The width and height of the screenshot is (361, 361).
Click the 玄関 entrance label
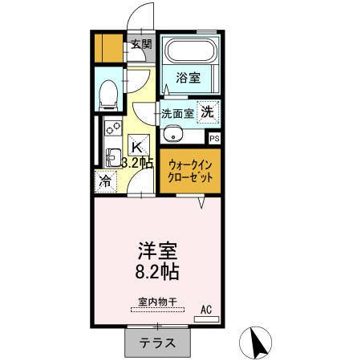click(142, 44)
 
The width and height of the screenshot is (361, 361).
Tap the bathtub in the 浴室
click(190, 51)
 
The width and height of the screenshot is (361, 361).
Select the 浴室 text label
click(189, 78)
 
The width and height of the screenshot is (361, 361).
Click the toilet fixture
click(108, 95)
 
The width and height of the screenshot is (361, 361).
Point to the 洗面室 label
click(177, 114)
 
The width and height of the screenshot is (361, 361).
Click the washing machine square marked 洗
click(208, 112)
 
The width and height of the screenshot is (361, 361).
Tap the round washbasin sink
click(173, 134)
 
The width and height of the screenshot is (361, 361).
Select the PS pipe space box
click(214, 139)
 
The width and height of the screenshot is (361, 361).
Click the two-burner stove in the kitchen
click(113, 128)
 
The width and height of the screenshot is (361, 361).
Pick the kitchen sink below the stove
click(113, 158)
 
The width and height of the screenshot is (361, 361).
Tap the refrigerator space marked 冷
click(106, 181)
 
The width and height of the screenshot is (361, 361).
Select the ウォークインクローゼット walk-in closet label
click(190, 172)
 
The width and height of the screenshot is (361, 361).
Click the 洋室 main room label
click(157, 251)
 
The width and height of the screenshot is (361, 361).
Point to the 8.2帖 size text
click(157, 272)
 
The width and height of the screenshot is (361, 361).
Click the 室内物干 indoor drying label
click(157, 302)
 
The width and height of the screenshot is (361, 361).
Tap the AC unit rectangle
click(206, 319)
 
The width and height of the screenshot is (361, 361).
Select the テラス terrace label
click(157, 343)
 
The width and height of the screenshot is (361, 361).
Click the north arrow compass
click(255, 343)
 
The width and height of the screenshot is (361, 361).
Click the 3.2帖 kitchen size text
click(137, 162)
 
